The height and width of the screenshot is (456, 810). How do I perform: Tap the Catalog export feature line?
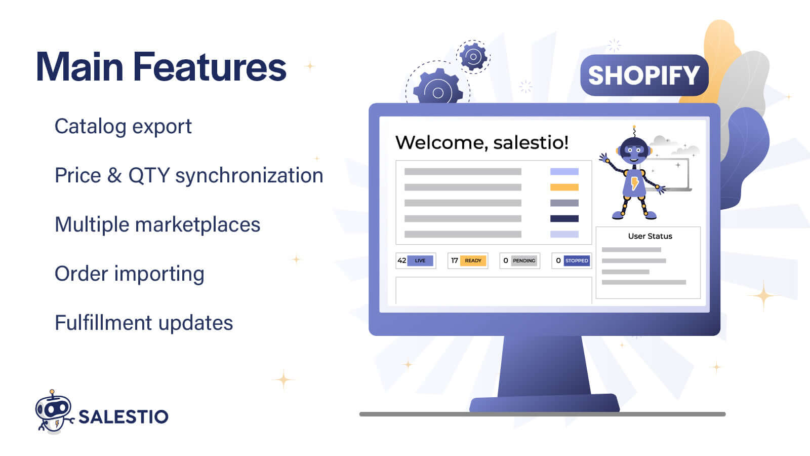click(123, 126)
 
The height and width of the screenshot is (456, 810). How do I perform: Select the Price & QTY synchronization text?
click(188, 175)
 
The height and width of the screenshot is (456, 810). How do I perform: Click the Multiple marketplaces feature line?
click(157, 224)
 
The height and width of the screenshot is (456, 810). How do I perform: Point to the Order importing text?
click(129, 274)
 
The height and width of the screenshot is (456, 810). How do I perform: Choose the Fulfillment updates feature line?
click(143, 323)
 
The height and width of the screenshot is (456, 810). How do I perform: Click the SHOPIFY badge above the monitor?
click(643, 75)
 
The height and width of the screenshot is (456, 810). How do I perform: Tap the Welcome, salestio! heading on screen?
click(481, 142)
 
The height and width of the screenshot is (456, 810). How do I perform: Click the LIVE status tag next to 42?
click(420, 260)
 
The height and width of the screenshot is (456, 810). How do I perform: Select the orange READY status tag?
click(473, 260)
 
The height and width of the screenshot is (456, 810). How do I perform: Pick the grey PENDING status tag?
click(524, 260)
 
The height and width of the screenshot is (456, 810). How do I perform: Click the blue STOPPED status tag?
click(577, 260)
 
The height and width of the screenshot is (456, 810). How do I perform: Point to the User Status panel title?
click(650, 236)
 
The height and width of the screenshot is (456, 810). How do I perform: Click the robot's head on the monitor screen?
click(634, 150)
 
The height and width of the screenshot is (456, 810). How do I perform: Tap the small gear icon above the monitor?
click(473, 57)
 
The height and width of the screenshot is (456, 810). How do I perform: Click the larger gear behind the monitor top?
click(438, 90)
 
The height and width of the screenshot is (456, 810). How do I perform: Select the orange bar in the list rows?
click(564, 187)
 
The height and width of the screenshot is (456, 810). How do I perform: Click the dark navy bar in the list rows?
click(564, 219)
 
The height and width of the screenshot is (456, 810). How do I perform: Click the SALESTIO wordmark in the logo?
click(123, 417)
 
